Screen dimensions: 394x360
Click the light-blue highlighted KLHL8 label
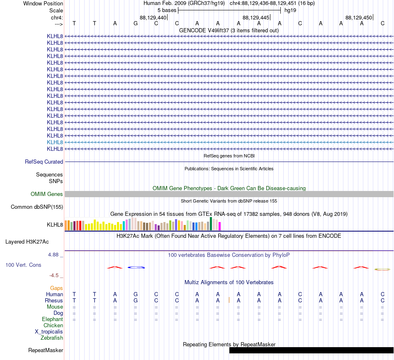(x=55, y=143)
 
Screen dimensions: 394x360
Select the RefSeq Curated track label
(x=44, y=162)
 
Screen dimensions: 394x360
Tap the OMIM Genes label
(x=47, y=194)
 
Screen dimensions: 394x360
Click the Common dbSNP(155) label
(x=37, y=207)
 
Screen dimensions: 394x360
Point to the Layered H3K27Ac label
(x=27, y=242)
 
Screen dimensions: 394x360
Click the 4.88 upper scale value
(x=53, y=255)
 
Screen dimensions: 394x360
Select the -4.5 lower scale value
(x=54, y=275)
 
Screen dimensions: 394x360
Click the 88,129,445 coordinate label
(x=256, y=17)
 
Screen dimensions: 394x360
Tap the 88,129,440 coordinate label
(x=153, y=17)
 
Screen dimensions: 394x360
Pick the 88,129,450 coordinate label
(x=359, y=17)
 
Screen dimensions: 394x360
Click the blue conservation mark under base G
(x=136, y=267)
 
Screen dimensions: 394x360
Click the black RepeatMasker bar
(x=311, y=350)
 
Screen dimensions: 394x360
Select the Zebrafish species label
(x=52, y=338)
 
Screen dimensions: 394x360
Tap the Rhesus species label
(x=54, y=300)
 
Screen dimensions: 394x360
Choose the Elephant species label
(x=52, y=319)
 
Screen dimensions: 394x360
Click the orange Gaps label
(x=56, y=288)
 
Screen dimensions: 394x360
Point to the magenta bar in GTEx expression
(x=220, y=226)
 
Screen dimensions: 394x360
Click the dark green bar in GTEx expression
(x=211, y=224)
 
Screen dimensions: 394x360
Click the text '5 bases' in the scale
(x=167, y=10)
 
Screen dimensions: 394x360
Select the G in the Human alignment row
(x=136, y=294)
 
